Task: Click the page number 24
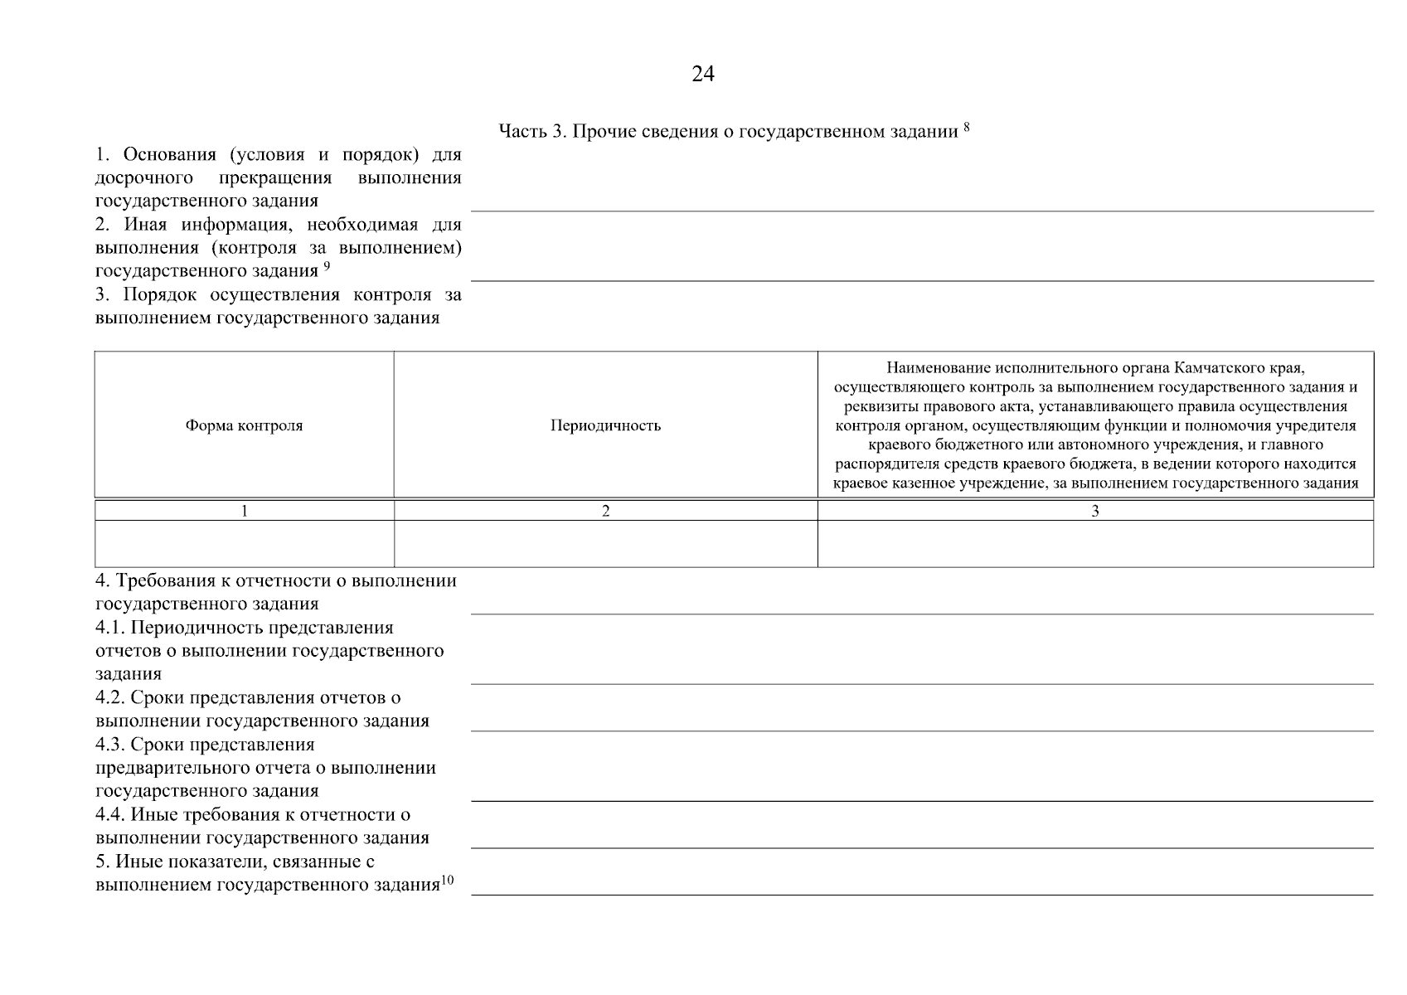(702, 75)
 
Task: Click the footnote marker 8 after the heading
(966, 127)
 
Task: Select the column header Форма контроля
(244, 425)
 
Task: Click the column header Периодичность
(605, 425)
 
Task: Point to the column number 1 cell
(244, 511)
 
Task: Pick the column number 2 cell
(605, 511)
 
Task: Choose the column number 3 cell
(1094, 511)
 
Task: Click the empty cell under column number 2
(605, 544)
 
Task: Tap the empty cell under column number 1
(244, 544)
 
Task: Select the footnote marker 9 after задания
(327, 266)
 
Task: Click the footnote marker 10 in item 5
(447, 881)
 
